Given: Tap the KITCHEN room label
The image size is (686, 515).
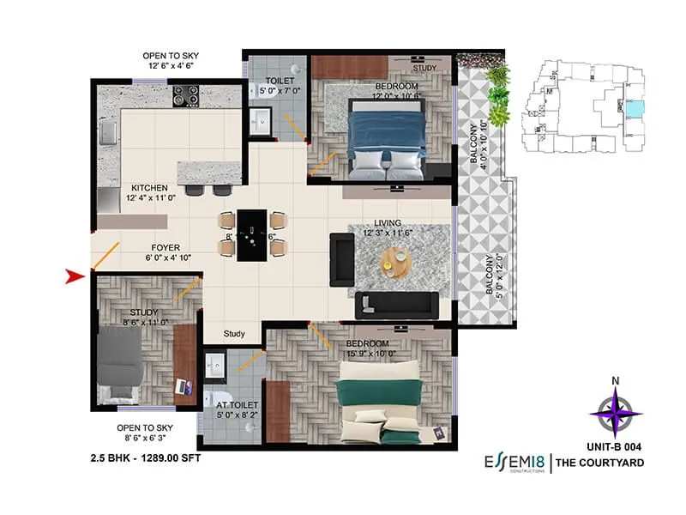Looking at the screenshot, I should point(149,187).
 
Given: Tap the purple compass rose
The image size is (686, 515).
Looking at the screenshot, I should point(616,411).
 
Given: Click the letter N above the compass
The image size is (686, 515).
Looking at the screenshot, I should point(616,382).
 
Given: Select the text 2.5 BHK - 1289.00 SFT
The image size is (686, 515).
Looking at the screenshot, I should point(145,458).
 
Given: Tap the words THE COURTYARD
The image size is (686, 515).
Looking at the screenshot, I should point(599,464).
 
